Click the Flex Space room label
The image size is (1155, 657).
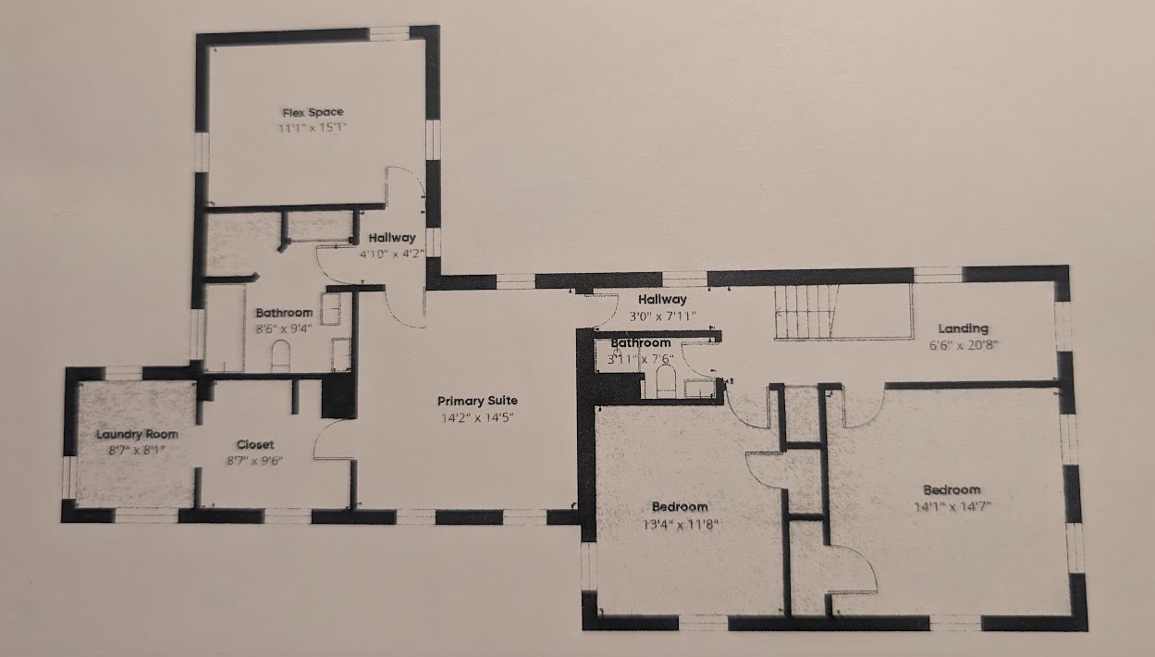313,112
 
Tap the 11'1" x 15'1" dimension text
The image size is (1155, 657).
313,128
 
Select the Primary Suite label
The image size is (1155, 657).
477,401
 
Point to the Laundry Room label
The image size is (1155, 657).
137,435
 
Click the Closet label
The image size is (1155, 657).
255,444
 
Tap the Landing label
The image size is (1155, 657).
964,328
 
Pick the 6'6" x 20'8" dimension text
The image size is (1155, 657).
964,345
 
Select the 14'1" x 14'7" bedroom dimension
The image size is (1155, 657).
952,506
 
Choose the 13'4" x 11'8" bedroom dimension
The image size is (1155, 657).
680,525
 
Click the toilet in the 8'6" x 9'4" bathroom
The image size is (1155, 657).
281,355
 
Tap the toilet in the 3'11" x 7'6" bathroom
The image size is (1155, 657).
665,381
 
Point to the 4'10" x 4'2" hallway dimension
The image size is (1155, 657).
392,254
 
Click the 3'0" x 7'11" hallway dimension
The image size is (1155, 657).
663,316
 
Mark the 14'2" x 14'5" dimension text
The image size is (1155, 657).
477,417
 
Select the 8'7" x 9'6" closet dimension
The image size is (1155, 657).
255,461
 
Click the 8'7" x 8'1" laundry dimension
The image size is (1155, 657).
137,450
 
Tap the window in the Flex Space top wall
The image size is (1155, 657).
389,33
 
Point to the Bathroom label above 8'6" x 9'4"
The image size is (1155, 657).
284,313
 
